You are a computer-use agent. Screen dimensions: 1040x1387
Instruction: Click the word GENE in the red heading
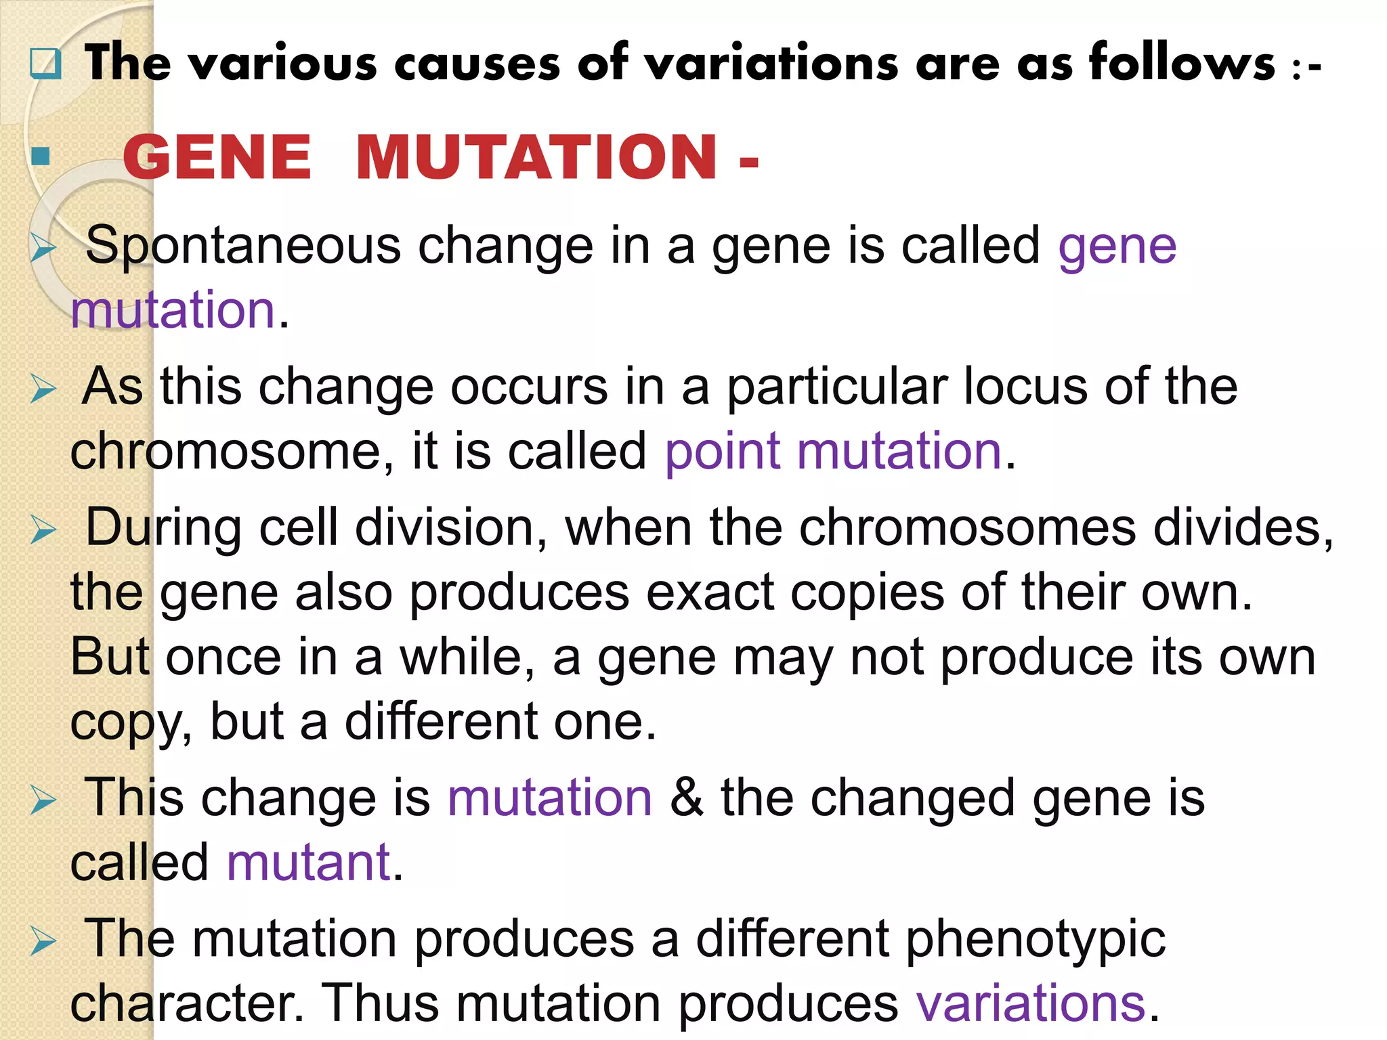[217, 157]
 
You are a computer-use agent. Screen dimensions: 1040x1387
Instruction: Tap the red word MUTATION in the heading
[536, 157]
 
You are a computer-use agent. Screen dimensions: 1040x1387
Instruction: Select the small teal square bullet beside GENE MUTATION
[41, 156]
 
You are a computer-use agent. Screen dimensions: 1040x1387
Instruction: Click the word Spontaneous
[243, 245]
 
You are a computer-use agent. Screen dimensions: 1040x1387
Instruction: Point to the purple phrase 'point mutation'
[832, 452]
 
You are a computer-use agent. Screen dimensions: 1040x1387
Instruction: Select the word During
[163, 527]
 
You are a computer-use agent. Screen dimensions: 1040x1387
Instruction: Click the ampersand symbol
[686, 798]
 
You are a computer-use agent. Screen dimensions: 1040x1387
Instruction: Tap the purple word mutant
[308, 863]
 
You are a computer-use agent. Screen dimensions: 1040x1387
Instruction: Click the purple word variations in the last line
[1030, 1003]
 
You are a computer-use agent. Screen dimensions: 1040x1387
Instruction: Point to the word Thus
[379, 1003]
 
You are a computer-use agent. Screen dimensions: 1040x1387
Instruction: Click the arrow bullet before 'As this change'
[43, 390]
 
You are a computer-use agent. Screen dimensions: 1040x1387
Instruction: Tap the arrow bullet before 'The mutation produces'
[43, 942]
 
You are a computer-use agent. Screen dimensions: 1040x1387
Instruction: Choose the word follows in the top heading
[1182, 63]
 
